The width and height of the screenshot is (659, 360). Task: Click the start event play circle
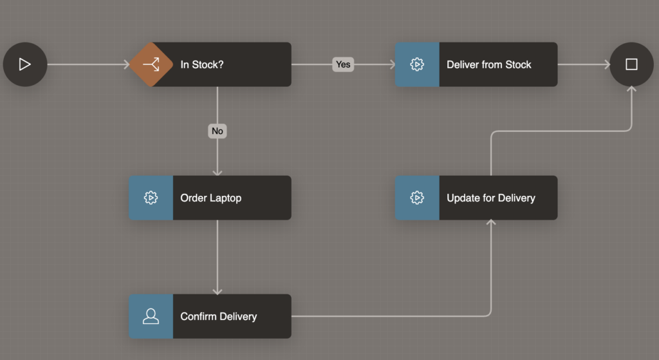[x=25, y=64]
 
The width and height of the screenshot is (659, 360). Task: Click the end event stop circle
[x=631, y=64]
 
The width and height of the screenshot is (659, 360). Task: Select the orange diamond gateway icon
[x=151, y=64]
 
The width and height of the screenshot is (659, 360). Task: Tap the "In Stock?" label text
[x=202, y=64]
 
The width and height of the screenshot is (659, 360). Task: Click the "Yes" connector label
[x=343, y=64]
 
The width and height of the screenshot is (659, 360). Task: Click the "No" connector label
[x=218, y=131]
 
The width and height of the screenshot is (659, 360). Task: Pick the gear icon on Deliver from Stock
[x=417, y=64]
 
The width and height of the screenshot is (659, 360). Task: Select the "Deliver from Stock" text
[x=489, y=64]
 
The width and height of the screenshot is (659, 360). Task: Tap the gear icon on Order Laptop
[x=151, y=198]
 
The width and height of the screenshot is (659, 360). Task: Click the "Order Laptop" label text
[x=211, y=198]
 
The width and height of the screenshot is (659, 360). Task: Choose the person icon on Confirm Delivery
[x=151, y=316]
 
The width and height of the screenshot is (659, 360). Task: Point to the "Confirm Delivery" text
[x=219, y=316]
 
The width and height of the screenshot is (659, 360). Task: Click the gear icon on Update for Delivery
[x=417, y=198]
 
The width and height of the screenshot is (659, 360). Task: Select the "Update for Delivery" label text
[x=491, y=198]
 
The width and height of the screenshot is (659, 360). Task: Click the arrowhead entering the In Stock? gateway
[x=127, y=64]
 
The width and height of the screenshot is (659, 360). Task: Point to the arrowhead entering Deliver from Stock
[x=391, y=64]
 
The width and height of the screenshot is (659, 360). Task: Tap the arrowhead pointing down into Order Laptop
[x=218, y=172]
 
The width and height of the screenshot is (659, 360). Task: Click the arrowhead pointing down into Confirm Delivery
[x=218, y=290]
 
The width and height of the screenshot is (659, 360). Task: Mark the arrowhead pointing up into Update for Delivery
[x=491, y=223]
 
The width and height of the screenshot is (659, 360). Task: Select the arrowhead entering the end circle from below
[x=631, y=90]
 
